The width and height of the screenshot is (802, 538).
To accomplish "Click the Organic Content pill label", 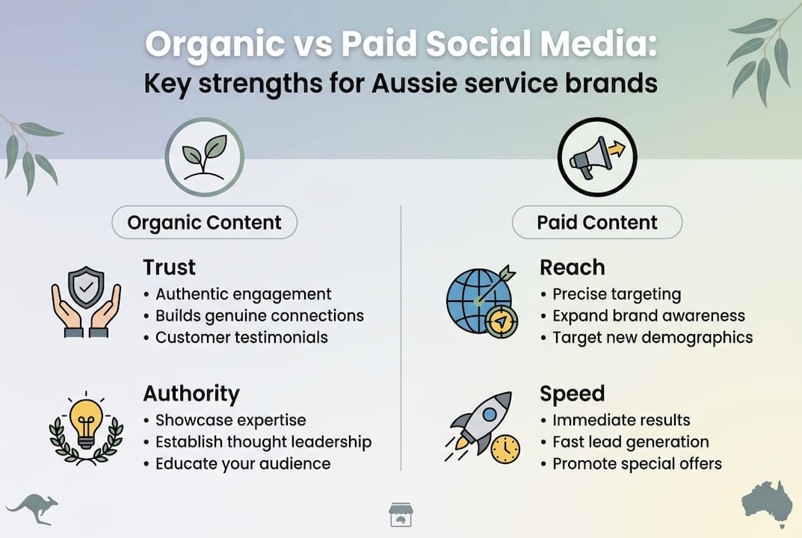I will coord(204,222).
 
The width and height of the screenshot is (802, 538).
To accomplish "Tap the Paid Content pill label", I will coord(596,222).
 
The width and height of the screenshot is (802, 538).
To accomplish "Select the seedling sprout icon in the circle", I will coord(204,157).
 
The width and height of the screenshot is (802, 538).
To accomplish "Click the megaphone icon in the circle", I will coord(596,157).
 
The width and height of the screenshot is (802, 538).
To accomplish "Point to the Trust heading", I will coord(169,268).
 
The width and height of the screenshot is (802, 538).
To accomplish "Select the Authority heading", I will coord(191,394).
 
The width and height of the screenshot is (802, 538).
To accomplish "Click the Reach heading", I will coord(572,268).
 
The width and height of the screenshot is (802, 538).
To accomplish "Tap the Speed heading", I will coord(572,394).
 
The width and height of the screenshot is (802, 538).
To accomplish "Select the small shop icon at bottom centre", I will coord(401,515).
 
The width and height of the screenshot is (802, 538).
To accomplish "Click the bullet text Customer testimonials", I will coord(241,337).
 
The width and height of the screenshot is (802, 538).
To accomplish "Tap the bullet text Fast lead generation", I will coord(630,442).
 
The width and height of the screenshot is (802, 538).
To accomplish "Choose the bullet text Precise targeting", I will coord(617,294).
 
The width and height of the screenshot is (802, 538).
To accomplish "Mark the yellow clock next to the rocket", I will coord(506,448).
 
